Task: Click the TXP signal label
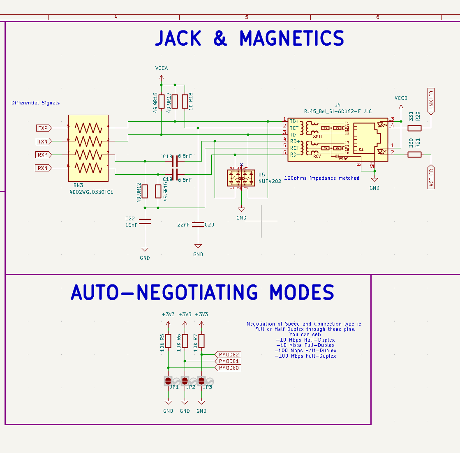tap(43, 128)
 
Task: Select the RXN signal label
tap(43, 168)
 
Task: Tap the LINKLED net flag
tap(431, 101)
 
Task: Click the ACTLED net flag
tap(431, 177)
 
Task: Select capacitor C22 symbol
tap(145, 221)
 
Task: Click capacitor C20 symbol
tap(198, 224)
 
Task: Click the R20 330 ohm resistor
tap(414, 128)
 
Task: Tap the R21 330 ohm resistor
tap(414, 155)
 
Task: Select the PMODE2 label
tap(228, 354)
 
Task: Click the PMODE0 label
tap(228, 367)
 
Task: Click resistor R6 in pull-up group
tap(185, 341)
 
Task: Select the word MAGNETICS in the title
tap(291, 39)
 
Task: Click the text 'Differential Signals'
tap(35, 103)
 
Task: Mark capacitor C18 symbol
tap(175, 162)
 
